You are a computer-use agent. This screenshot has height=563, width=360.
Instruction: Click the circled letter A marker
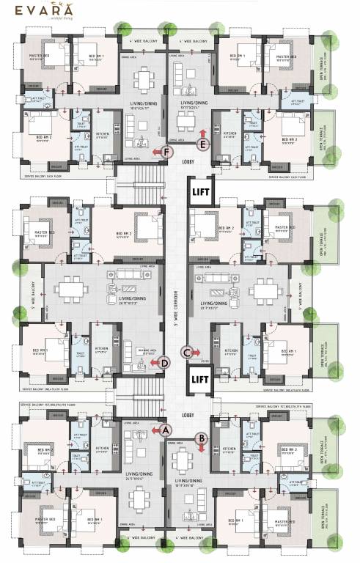(166, 430)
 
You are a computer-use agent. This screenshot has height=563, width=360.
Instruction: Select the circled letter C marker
(188, 353)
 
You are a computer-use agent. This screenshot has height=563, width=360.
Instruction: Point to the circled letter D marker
(165, 362)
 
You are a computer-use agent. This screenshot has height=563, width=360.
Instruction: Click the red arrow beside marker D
(153, 362)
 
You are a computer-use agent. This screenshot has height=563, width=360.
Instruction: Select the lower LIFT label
(200, 380)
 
